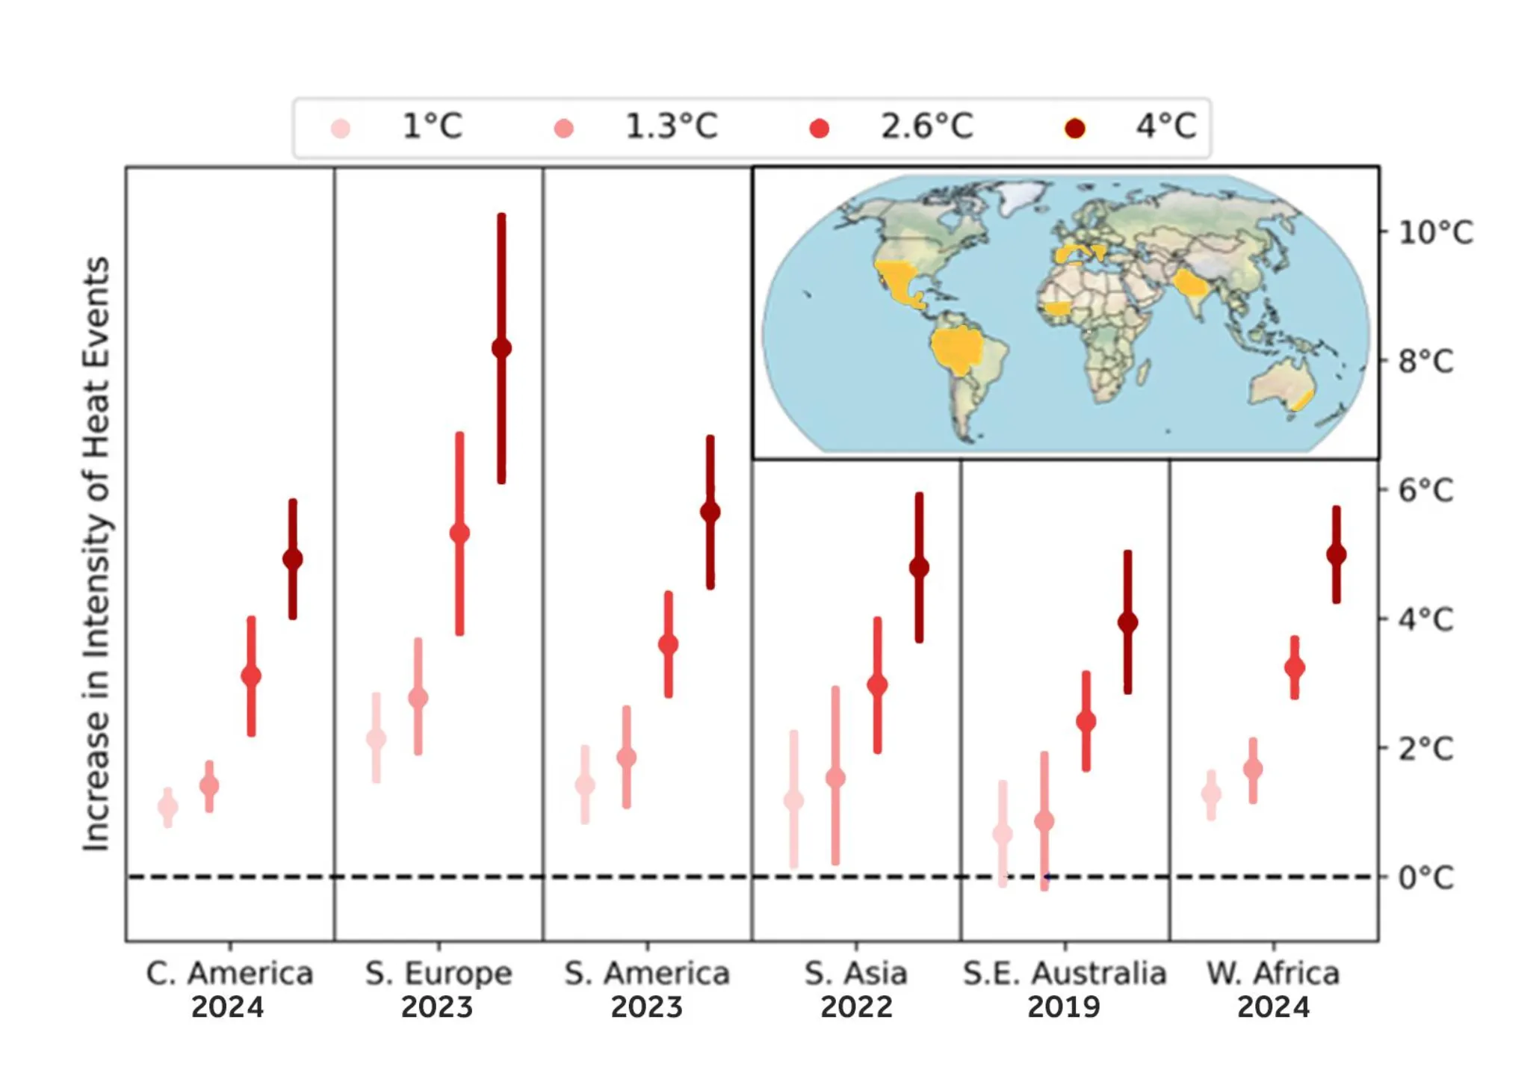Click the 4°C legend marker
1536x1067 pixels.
(x=1074, y=129)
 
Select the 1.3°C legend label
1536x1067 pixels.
(x=671, y=126)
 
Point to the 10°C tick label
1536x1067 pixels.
(x=1435, y=232)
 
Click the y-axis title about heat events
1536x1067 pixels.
(x=96, y=553)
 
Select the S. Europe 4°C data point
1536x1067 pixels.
(x=501, y=348)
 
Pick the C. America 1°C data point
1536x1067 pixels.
(x=168, y=807)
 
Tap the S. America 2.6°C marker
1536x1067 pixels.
(x=669, y=644)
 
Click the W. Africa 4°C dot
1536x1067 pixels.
(x=1337, y=554)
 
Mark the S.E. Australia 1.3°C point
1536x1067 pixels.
(x=1044, y=821)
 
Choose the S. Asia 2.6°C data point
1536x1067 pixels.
(x=877, y=684)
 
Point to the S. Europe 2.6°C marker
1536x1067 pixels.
(x=459, y=533)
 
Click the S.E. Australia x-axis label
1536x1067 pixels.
(x=1065, y=974)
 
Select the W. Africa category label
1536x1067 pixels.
(x=1273, y=974)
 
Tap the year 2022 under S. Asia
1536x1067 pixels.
(x=856, y=1007)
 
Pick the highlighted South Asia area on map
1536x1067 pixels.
(x=1189, y=284)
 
